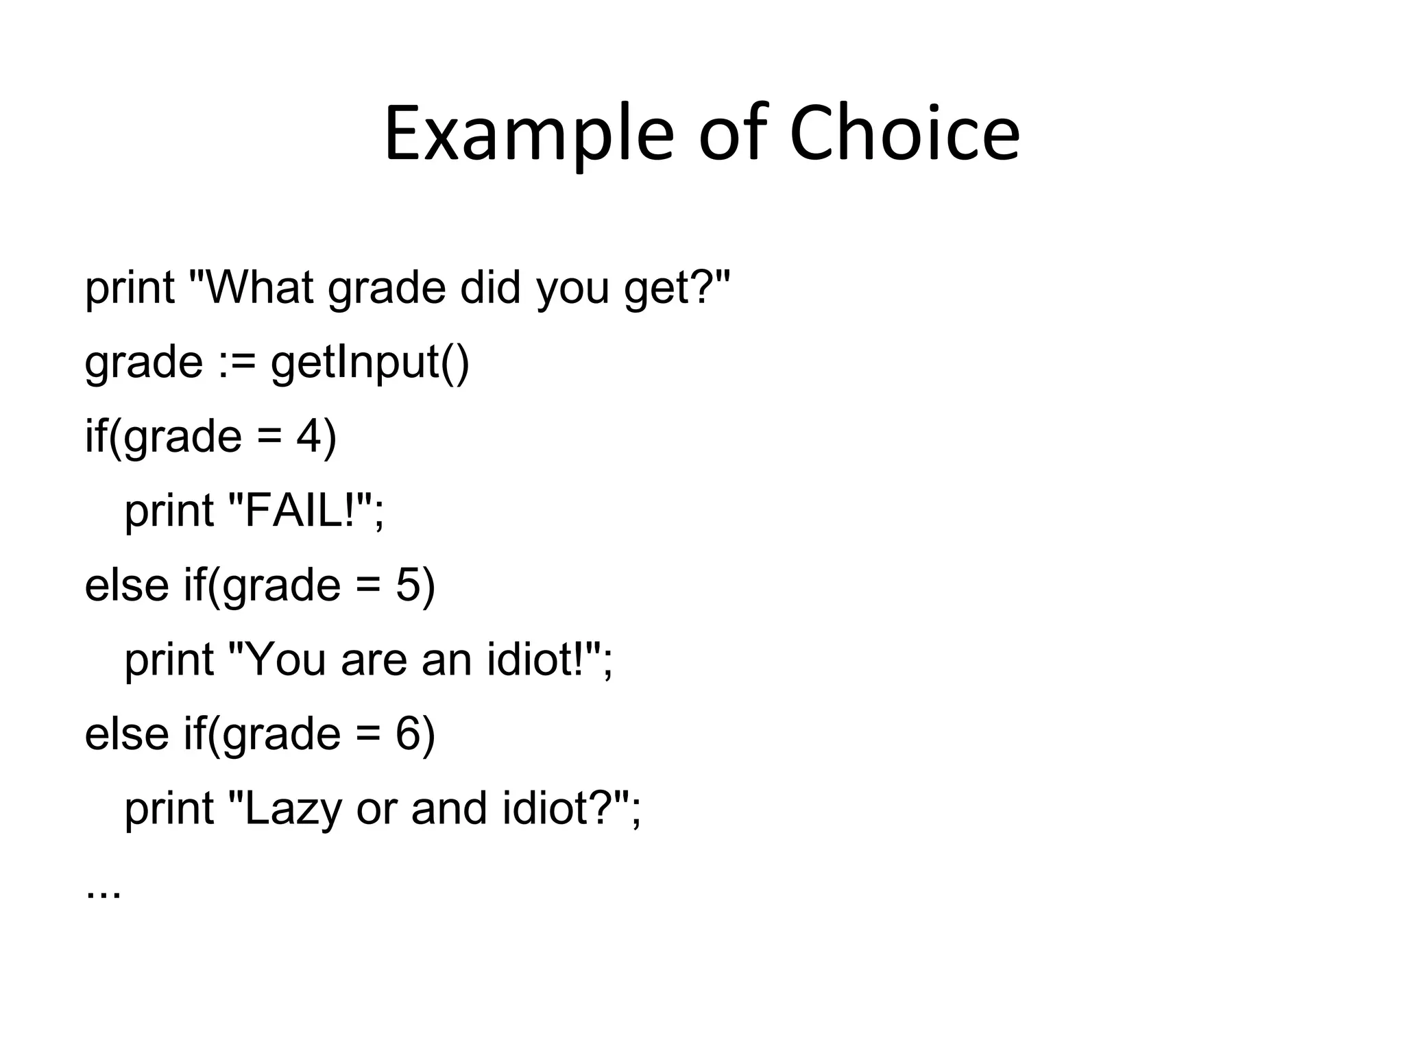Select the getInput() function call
[x=370, y=363]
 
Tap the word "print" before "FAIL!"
[x=169, y=512]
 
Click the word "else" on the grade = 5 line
[x=127, y=585]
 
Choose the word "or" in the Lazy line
[x=376, y=810]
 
